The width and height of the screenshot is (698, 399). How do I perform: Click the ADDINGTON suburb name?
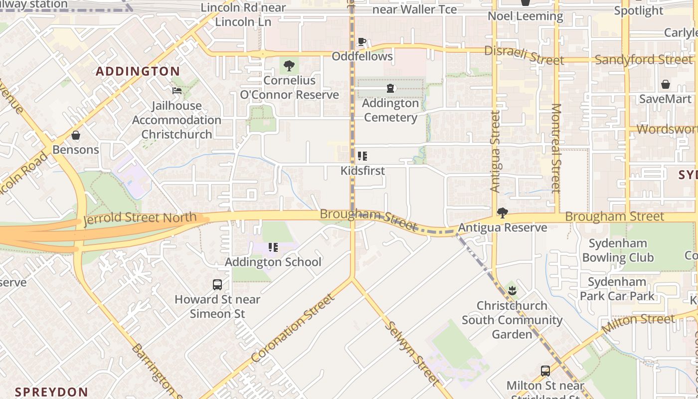(138, 71)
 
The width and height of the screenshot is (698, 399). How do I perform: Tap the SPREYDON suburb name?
(51, 392)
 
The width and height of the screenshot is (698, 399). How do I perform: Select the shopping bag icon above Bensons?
(76, 135)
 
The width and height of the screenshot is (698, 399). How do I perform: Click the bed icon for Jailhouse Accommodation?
(177, 91)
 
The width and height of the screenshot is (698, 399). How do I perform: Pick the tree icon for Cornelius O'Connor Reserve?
(289, 65)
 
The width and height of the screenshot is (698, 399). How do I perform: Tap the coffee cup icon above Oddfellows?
(362, 41)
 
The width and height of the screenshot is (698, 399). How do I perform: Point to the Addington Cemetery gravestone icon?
(390, 89)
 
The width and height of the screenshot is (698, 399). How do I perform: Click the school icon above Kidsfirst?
(362, 156)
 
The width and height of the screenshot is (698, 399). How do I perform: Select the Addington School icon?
(273, 247)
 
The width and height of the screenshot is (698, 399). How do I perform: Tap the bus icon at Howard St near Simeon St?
(217, 285)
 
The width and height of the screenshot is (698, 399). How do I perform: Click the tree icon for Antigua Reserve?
(503, 213)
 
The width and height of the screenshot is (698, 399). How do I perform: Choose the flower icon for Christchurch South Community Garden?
(512, 291)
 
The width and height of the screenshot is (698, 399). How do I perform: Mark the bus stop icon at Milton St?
(545, 371)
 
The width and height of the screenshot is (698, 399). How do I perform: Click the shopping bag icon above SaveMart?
(665, 84)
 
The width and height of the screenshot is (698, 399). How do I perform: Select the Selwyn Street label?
(413, 353)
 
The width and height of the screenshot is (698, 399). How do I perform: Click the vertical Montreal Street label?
(556, 148)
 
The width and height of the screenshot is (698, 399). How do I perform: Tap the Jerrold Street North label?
(140, 218)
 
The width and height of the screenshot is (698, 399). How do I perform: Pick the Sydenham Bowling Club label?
(618, 250)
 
